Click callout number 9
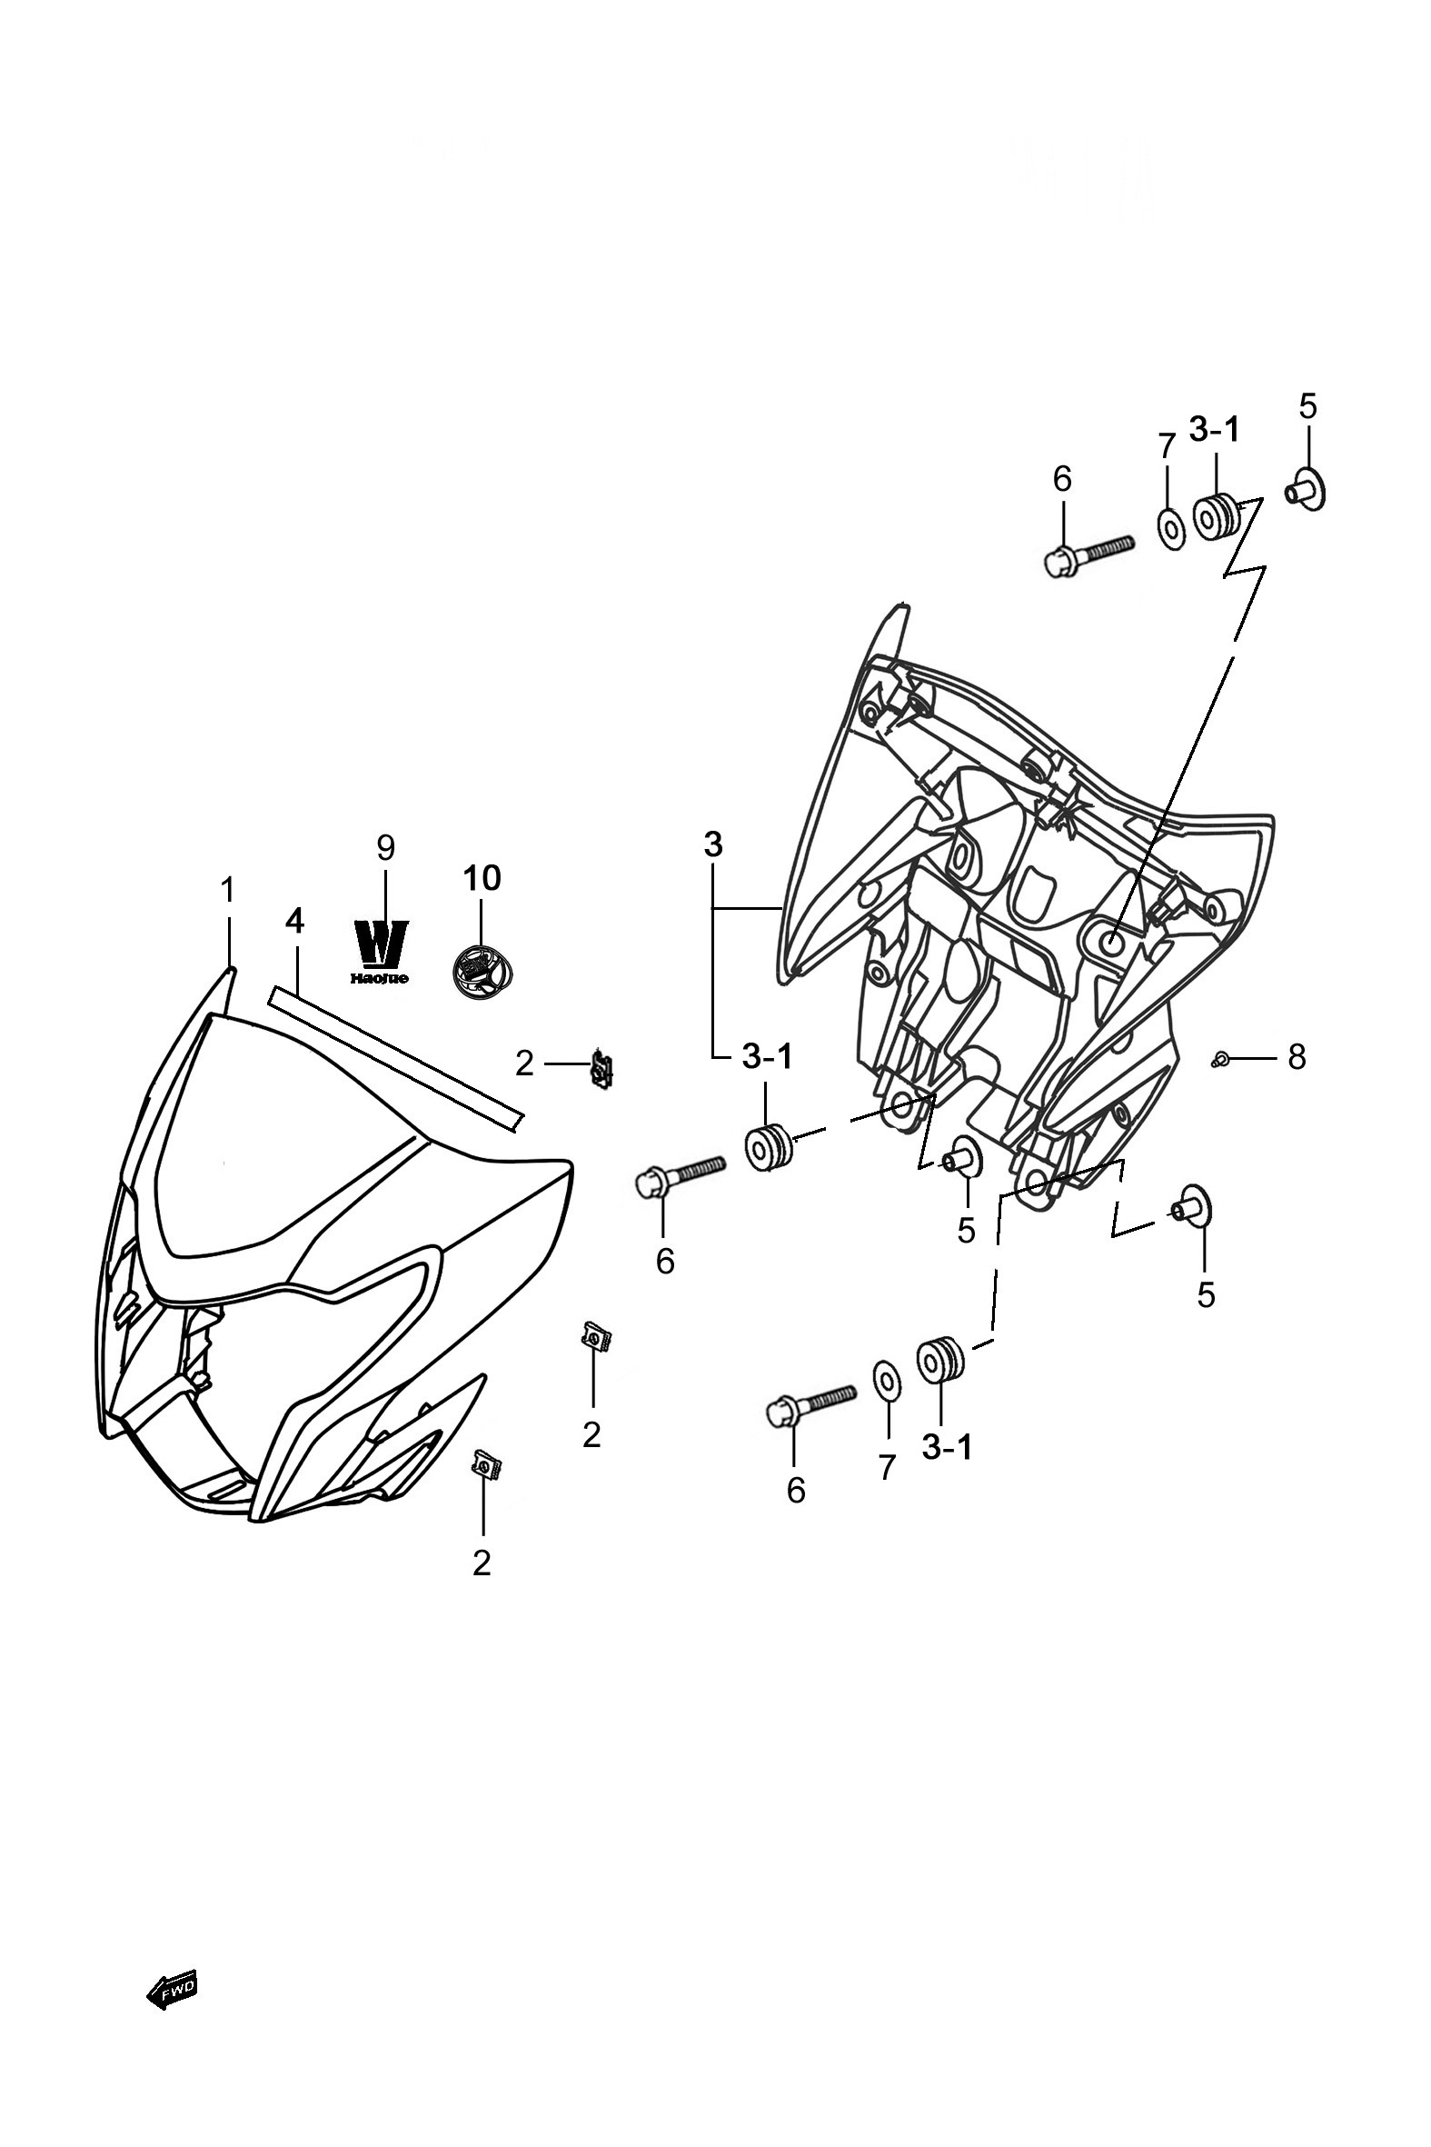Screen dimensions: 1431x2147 coord(386,848)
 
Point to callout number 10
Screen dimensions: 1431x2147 coord(482,878)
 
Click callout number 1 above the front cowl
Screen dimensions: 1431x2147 coord(227,889)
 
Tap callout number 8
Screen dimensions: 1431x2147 coord(1297,1058)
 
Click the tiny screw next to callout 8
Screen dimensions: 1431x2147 coord(1220,1059)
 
